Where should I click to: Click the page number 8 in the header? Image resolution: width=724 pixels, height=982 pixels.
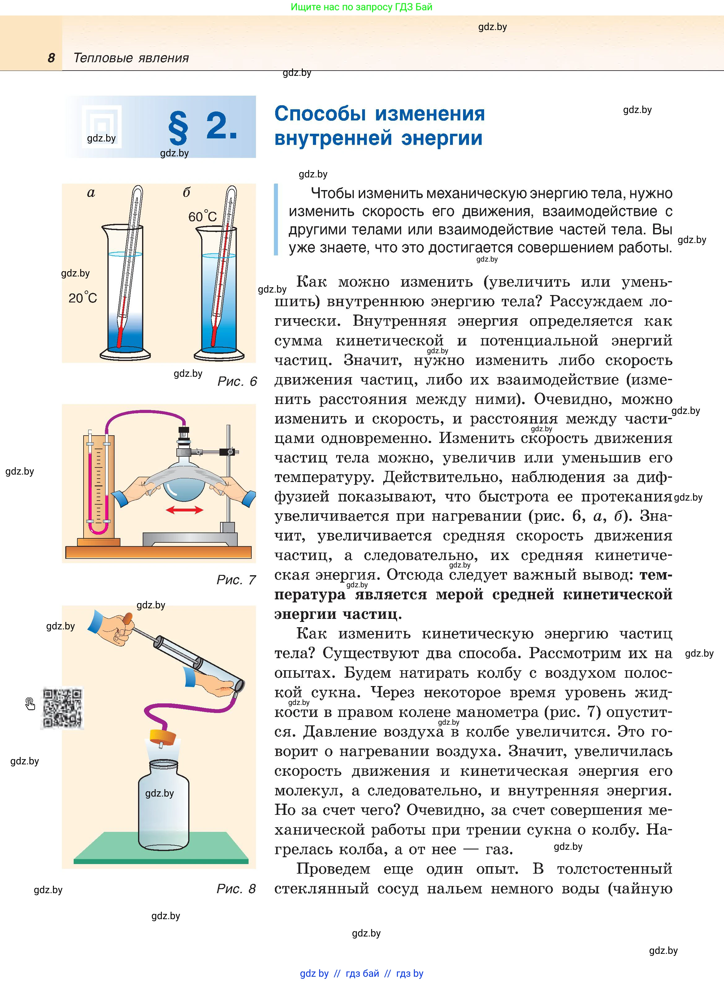tap(51, 58)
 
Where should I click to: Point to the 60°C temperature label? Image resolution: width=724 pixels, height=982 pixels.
tap(202, 216)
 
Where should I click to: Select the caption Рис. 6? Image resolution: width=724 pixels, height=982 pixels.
tap(237, 381)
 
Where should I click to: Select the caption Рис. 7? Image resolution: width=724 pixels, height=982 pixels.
tap(236, 580)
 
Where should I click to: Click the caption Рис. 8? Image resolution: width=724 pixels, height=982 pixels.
tap(236, 889)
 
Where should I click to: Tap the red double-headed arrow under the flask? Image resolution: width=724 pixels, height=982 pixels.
tap(184, 510)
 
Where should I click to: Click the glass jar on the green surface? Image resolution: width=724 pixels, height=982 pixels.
tap(163, 806)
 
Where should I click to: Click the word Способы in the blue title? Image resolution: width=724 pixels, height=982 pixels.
tap(320, 114)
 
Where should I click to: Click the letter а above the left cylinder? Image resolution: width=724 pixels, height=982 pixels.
tap(91, 193)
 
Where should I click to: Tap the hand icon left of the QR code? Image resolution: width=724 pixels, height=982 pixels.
tap(30, 704)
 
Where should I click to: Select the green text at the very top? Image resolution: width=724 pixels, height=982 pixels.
tap(362, 7)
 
